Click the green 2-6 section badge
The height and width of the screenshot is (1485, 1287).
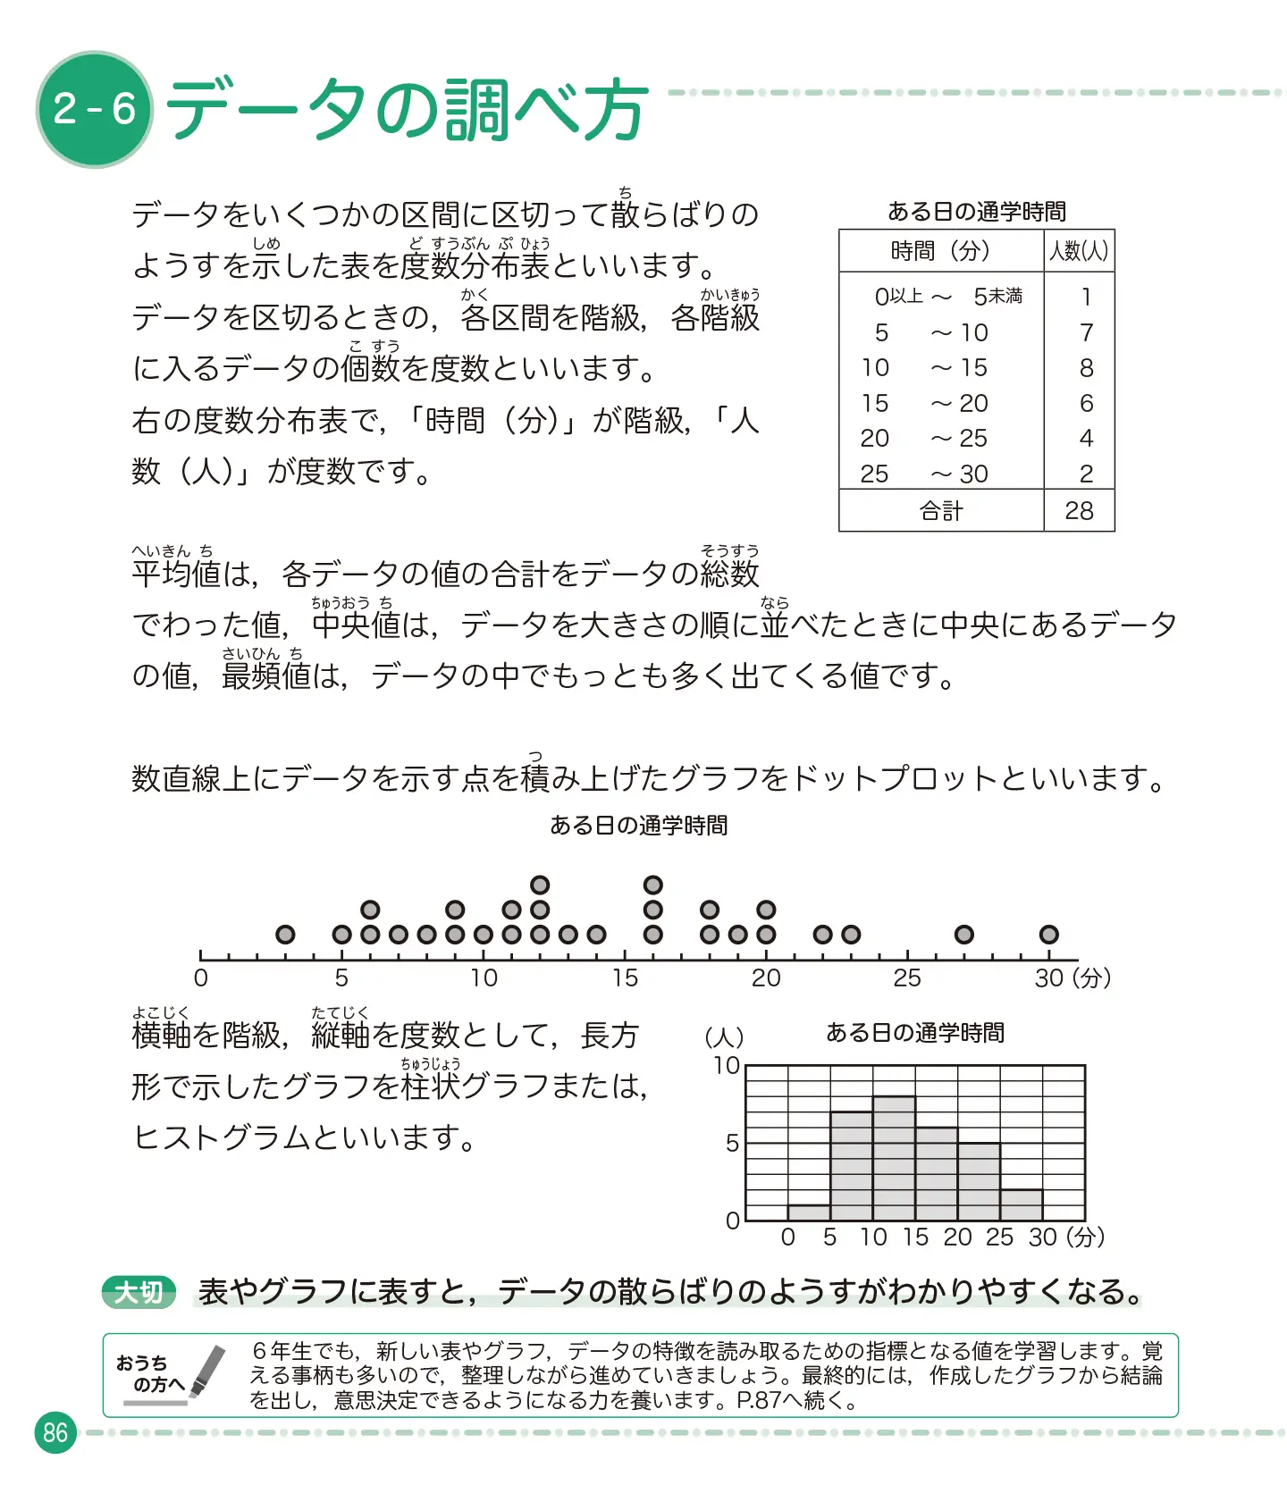[x=94, y=109]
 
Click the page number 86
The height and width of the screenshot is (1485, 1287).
[x=55, y=1432]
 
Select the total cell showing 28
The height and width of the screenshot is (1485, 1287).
[x=1079, y=510]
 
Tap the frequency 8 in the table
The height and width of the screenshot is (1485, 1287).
[x=1086, y=367]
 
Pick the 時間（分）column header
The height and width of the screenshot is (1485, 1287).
[x=940, y=251]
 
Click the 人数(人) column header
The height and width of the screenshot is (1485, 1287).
[x=1079, y=251]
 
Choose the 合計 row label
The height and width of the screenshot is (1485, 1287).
[x=941, y=510]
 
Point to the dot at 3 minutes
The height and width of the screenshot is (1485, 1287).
[x=285, y=935]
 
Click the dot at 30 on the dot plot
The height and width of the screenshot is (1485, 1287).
[x=1048, y=935]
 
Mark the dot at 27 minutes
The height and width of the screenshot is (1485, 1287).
[x=963, y=935]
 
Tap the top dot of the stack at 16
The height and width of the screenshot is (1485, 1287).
[x=653, y=885]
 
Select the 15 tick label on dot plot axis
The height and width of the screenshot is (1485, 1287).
[x=625, y=978]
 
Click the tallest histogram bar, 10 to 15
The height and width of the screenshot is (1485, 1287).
[x=894, y=1158]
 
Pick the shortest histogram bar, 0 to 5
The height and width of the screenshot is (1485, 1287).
[x=809, y=1212]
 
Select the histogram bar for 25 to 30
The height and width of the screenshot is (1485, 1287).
[x=1022, y=1204]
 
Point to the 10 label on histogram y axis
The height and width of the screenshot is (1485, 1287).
[x=726, y=1065]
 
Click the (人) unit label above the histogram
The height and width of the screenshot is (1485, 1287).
[x=724, y=1036]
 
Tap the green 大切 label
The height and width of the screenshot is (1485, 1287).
[x=139, y=1292]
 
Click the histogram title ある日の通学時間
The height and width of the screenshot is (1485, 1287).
[x=914, y=1033]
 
